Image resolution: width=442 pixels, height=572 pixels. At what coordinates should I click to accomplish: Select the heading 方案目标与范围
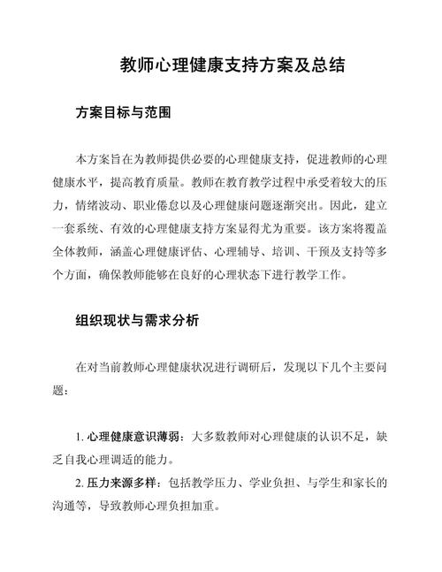(123, 113)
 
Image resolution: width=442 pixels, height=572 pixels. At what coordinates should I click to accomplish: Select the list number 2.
(80, 484)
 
